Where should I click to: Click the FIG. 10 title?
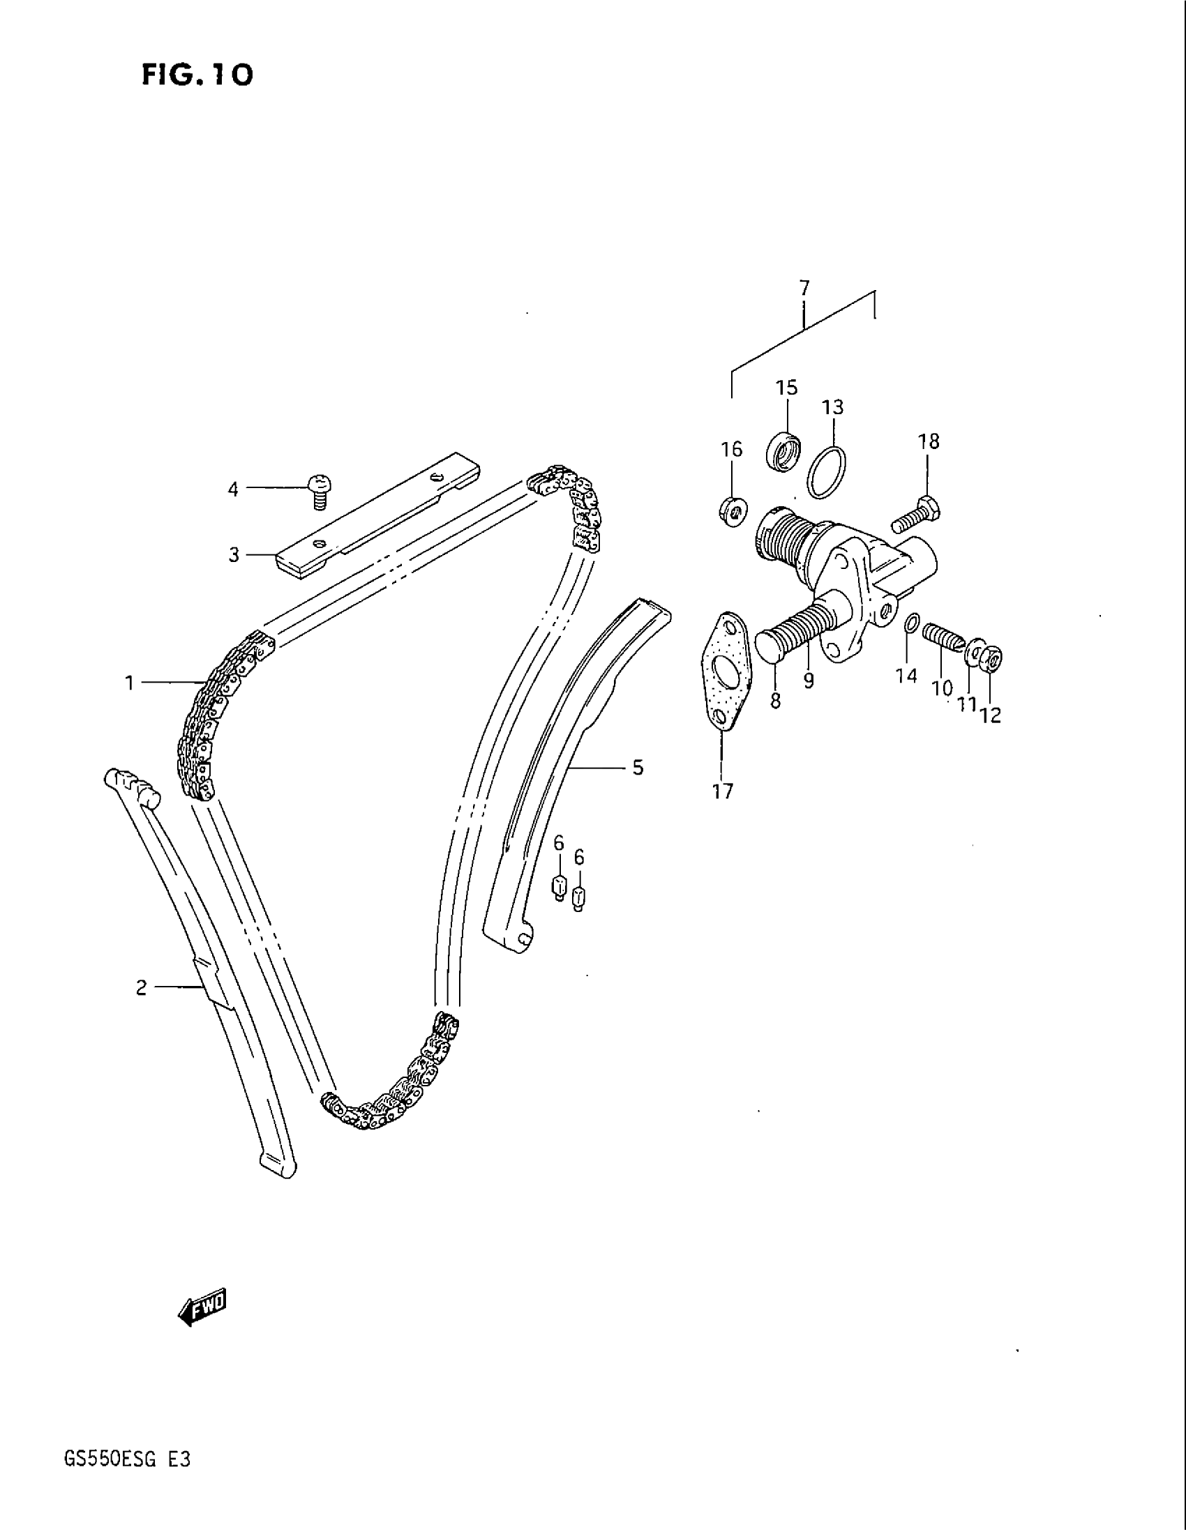click(197, 74)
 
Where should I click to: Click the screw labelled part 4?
click(320, 489)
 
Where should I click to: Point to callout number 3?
click(234, 555)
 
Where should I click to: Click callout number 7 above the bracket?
click(804, 288)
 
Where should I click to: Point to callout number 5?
click(638, 768)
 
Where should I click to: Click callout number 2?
click(141, 988)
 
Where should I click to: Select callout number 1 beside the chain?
click(129, 682)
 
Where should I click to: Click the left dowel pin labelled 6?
click(559, 888)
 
